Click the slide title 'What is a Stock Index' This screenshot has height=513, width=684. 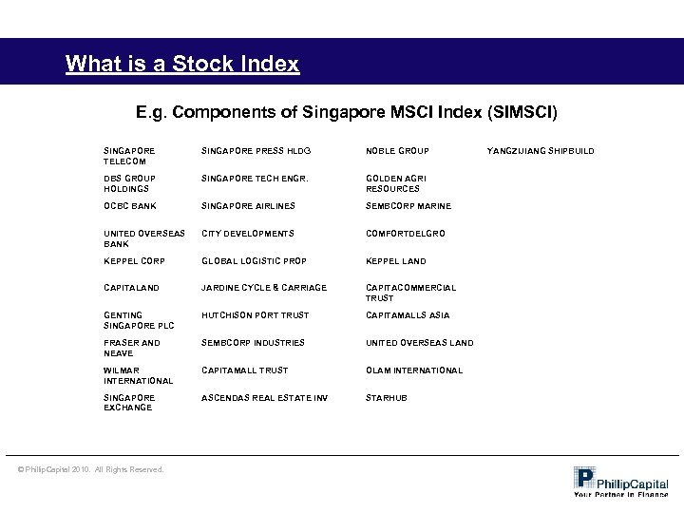pos(182,65)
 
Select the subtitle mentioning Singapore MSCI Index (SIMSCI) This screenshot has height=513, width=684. pos(348,113)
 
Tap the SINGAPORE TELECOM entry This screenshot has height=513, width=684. pos(129,156)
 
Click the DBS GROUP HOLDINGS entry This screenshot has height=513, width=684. pos(130,183)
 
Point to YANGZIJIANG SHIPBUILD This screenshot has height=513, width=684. pos(541,151)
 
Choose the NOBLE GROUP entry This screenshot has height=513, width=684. pos(398,151)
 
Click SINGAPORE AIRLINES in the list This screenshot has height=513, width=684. pos(248,206)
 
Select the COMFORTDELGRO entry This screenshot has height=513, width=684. pos(406,234)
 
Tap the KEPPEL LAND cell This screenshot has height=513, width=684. pos(396,261)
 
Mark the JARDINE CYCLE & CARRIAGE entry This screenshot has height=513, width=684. pos(263,288)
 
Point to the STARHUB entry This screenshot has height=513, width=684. pos(387,398)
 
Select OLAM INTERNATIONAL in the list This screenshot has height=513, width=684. pos(414,370)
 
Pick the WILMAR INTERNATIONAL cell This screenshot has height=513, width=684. pos(139,375)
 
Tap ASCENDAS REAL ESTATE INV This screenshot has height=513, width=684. pos(264,398)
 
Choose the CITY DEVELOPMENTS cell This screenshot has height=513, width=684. pos(248,234)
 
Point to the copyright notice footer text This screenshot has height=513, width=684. pos(90,469)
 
